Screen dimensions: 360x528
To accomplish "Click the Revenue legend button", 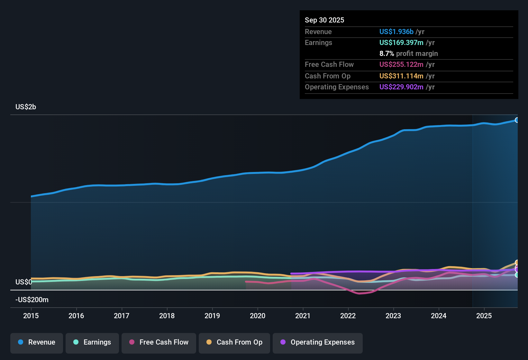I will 37,342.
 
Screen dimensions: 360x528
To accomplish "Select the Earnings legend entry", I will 92,342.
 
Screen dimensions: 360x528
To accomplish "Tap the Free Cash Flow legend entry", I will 159,342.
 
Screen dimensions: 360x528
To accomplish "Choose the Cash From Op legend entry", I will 234,342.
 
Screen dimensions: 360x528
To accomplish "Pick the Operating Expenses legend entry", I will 318,342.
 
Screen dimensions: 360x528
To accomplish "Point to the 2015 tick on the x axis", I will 31,316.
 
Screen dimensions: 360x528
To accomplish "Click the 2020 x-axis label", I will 258,316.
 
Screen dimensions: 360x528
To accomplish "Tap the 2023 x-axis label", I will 393,316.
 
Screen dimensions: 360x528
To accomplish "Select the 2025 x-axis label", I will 484,316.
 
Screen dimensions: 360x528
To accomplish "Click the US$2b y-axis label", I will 26,107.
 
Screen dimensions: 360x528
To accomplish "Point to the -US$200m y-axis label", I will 32,300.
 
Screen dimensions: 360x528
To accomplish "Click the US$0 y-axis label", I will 23,282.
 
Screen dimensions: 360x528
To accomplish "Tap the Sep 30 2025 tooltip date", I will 324,20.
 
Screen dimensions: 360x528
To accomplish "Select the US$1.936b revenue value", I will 396,32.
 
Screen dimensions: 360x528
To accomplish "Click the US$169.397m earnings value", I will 401,43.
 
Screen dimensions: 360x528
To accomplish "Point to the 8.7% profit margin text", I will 408,54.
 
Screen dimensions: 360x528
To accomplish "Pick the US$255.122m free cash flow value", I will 401,65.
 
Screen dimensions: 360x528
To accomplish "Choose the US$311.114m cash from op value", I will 401,76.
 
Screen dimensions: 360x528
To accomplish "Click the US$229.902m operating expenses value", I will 401,87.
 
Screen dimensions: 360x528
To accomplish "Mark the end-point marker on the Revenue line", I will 517,120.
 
